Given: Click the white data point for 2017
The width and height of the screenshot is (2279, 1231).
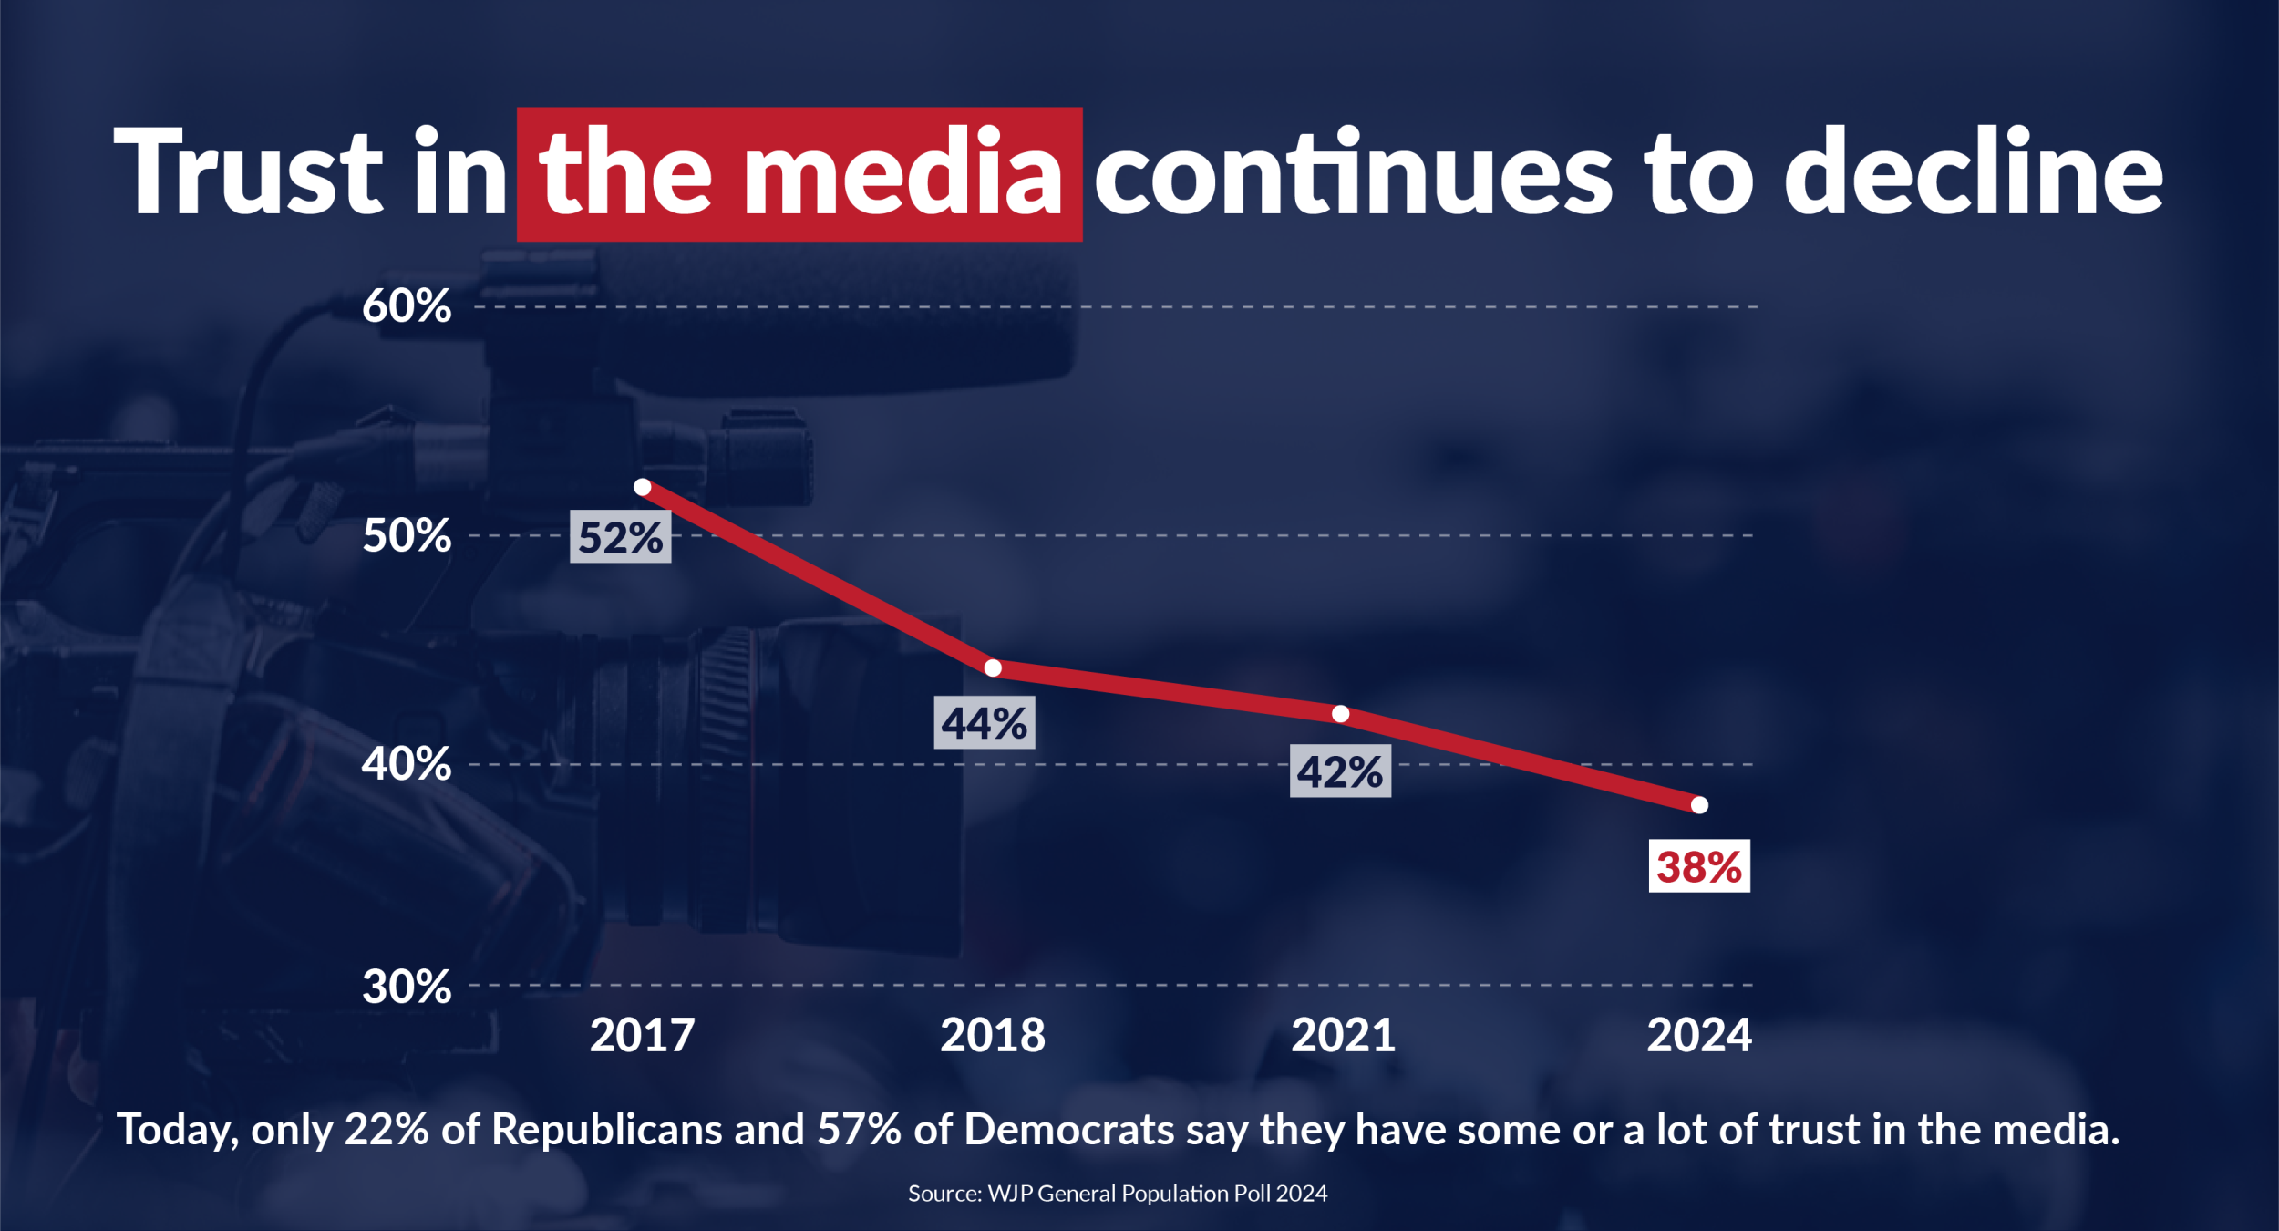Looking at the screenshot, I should coord(643,488).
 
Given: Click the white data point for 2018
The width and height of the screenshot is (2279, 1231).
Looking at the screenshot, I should coord(994,668).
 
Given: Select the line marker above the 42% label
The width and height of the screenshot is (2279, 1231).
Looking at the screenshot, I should coord(1341,714).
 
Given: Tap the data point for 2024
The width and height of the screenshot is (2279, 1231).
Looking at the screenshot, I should coord(1699,805).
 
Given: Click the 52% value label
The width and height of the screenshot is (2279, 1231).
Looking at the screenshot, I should coord(621,537).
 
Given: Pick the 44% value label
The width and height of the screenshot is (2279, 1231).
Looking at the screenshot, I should coord(985,723).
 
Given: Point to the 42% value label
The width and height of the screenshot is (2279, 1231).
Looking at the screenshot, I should coord(1340,771).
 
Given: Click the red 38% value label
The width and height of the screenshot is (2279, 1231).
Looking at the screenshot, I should coord(1699,866).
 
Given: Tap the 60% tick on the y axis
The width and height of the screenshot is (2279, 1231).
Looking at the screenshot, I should coord(407,306).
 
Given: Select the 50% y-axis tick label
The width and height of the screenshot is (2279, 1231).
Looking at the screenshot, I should coord(407,535).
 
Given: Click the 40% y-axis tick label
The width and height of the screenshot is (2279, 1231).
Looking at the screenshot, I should coord(407,764).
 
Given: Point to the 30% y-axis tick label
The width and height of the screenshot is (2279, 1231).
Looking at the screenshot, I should coord(407,987).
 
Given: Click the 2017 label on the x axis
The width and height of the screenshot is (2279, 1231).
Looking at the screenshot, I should coord(643,1036).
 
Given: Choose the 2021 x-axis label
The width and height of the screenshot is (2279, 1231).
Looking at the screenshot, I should coord(1343,1036).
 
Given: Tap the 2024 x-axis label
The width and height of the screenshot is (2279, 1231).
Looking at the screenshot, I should coord(1699,1036).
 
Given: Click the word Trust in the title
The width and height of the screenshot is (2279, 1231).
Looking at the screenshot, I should coord(248,173).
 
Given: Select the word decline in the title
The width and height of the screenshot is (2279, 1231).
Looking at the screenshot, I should coord(1973,173).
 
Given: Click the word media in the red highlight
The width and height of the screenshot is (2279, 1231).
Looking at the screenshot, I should coord(902,173).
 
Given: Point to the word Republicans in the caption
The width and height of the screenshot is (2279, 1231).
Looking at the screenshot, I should coord(607,1130).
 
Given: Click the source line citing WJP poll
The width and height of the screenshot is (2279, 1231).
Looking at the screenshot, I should coord(1118,1194).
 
